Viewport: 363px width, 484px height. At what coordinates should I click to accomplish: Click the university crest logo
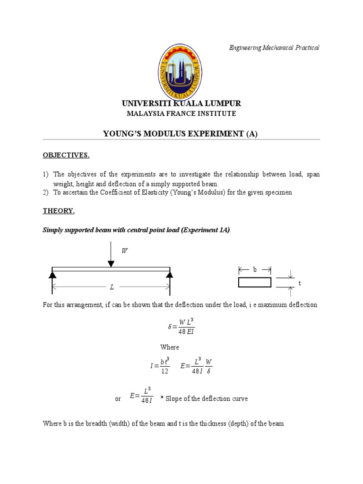pyautogui.click(x=179, y=70)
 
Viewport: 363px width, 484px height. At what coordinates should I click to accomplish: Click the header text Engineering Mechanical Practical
pyautogui.click(x=274, y=48)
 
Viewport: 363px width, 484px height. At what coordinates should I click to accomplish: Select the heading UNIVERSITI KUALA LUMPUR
pyautogui.click(x=181, y=104)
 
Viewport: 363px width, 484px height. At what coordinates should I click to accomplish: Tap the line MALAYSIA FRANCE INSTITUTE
pyautogui.click(x=181, y=114)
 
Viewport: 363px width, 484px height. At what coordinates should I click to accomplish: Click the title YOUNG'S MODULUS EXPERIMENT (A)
pyautogui.click(x=181, y=134)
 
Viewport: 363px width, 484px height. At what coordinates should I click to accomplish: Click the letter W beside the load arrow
pyautogui.click(x=124, y=251)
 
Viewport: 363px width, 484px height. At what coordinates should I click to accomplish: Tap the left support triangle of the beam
pyautogui.click(x=52, y=274)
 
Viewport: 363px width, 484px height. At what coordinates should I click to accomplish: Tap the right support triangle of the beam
pyautogui.click(x=169, y=274)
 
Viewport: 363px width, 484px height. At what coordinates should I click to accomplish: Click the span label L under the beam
pyautogui.click(x=112, y=287)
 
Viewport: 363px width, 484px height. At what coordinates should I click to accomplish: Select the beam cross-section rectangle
pyautogui.click(x=255, y=282)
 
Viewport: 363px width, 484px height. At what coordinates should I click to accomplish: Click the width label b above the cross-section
pyautogui.click(x=255, y=269)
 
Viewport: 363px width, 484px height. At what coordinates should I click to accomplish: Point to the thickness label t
pyautogui.click(x=299, y=283)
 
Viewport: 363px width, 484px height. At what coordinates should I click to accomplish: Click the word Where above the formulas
pyautogui.click(x=170, y=347)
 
